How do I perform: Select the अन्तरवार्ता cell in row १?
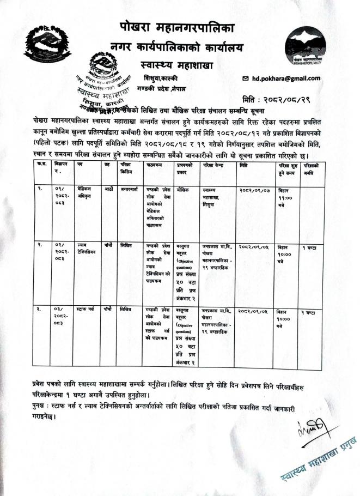129,190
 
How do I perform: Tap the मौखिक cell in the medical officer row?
184,190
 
